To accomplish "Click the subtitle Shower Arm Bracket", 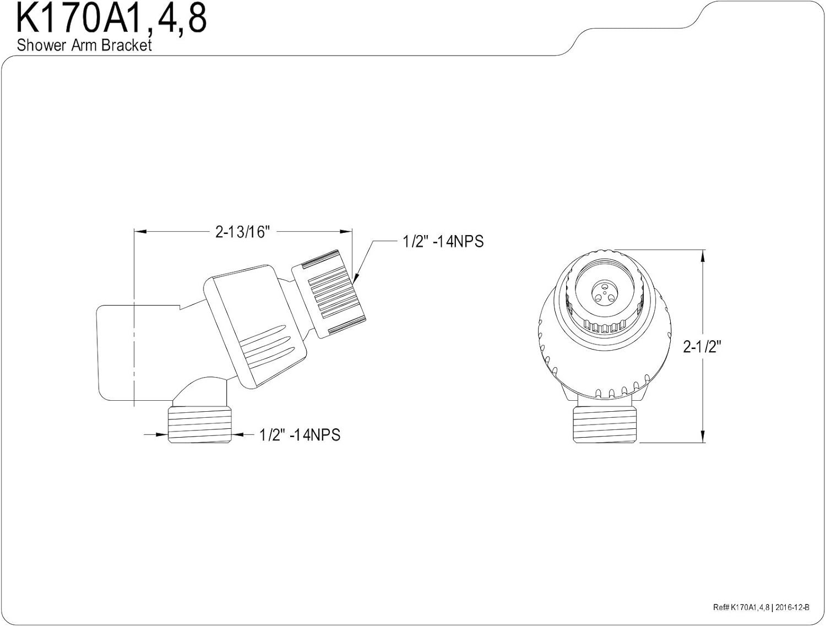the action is (84, 45).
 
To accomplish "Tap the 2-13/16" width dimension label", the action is (243, 232).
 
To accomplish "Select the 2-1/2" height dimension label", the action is (702, 346).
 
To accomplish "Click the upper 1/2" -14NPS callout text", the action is (443, 241).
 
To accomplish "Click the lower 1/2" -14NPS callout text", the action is (300, 435).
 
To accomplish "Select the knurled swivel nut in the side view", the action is (329, 294).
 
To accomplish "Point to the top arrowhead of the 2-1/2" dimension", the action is (702, 256).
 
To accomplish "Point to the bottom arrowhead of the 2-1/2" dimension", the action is (702, 437).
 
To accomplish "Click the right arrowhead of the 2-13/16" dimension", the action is (346, 232).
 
